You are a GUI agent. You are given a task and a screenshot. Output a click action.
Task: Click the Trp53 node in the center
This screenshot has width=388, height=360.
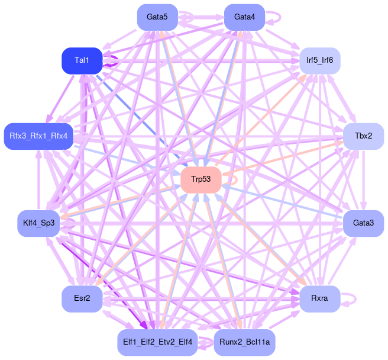coord(201,179)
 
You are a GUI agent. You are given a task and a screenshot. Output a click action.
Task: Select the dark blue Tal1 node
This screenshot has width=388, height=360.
coord(82,61)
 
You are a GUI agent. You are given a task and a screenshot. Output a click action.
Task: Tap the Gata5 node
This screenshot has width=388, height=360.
coord(157,17)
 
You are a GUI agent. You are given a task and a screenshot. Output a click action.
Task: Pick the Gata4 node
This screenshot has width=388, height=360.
coord(244,17)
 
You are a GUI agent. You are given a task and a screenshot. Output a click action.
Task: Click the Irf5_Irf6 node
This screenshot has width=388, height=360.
coord(319,60)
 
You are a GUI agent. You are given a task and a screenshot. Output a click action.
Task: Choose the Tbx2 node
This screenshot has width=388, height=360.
coord(363,136)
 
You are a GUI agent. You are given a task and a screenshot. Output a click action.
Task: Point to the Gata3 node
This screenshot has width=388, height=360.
coord(363,223)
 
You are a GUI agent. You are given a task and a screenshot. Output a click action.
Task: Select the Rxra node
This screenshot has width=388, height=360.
coord(319,298)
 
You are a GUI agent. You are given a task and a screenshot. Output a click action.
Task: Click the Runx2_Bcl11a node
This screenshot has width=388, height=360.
coord(244,342)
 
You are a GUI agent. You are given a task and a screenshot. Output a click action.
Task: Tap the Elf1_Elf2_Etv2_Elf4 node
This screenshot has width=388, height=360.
coord(157,342)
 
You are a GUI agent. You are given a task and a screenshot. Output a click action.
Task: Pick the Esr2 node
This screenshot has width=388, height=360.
coord(82,298)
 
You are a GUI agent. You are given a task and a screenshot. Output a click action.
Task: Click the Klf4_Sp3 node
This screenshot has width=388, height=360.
coord(38,223)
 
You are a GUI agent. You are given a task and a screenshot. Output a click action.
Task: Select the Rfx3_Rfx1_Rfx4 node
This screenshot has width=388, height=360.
coord(38,136)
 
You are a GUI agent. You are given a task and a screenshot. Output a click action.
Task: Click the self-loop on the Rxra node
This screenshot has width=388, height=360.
coord(350,298)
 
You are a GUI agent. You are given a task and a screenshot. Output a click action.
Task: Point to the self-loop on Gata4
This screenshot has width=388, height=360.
coord(275,17)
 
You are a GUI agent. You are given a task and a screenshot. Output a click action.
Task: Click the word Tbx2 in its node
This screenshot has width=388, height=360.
coord(363,136)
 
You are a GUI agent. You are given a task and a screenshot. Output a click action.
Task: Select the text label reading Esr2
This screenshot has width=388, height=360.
coord(82,298)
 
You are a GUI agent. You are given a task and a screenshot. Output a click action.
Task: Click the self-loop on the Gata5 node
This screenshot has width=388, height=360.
coord(188,17)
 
